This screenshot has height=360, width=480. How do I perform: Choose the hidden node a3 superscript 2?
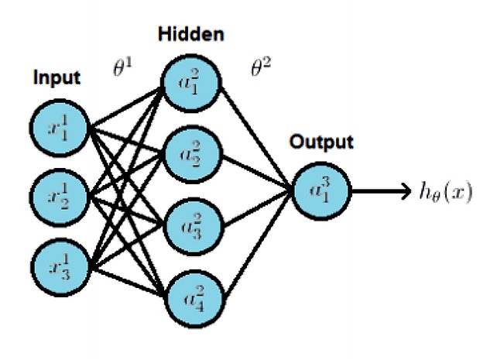point(192,224)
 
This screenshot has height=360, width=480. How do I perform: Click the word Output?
point(322,143)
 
